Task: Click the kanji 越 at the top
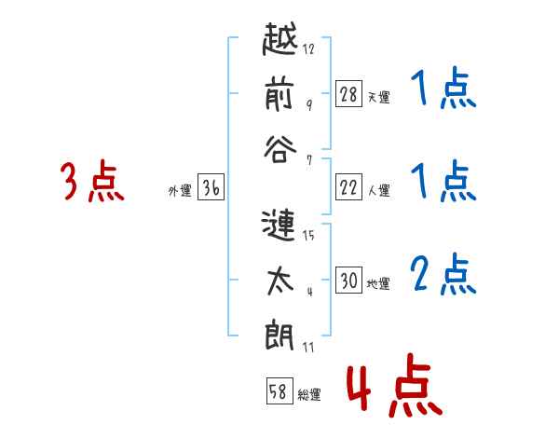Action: [x=280, y=39]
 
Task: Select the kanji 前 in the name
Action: [x=279, y=94]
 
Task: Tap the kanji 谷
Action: [x=280, y=150]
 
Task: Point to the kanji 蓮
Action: [x=279, y=226]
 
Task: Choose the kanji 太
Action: [x=280, y=281]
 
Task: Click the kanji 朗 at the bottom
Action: [x=279, y=336]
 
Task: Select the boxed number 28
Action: [x=348, y=94]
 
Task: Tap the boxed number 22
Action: [x=348, y=187]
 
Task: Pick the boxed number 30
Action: [x=348, y=280]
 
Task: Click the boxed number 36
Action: [x=211, y=187]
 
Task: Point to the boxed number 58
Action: [x=279, y=390]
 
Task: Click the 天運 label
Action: [x=379, y=97]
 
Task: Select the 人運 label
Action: [x=379, y=190]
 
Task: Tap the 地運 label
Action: [x=378, y=283]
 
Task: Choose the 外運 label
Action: [x=180, y=191]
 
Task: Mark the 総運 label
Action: [x=309, y=395]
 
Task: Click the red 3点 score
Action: [x=92, y=181]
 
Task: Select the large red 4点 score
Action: [x=395, y=385]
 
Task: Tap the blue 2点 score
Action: [x=443, y=274]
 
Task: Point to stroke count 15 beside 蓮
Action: [x=308, y=235]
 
